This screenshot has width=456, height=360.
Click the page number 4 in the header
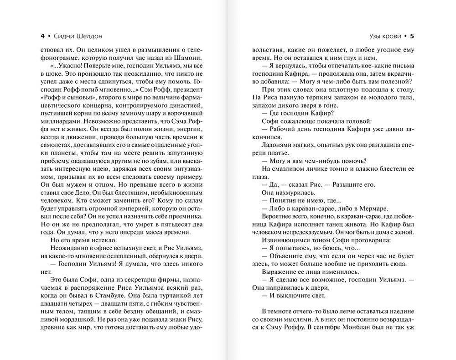[x=42, y=36]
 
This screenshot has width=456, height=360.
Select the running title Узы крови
[x=385, y=36]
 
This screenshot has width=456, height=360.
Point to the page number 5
[x=412, y=36]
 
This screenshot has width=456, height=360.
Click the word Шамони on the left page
[x=186, y=57]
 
